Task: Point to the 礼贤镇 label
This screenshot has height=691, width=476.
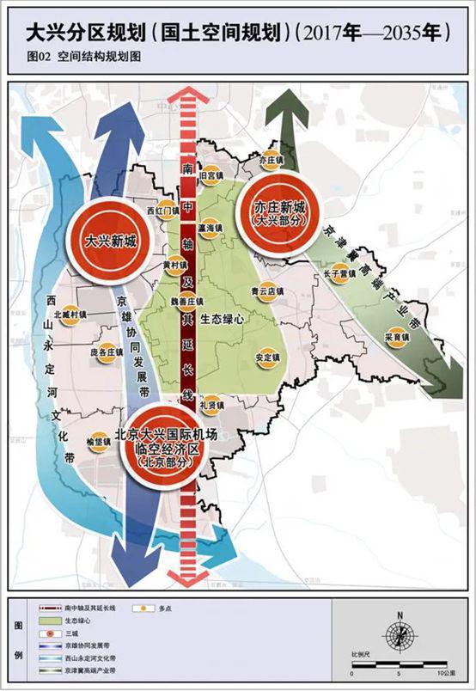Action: coord(211,405)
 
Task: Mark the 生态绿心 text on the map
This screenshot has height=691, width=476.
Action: coord(223,318)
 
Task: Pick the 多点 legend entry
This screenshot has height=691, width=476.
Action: coord(145,608)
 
